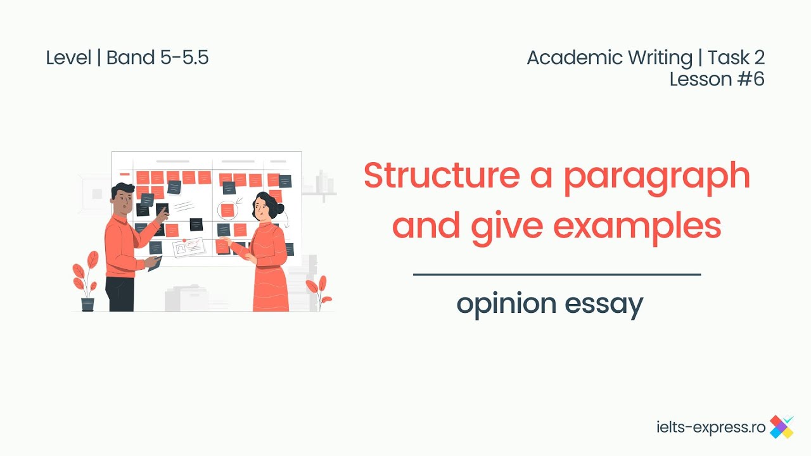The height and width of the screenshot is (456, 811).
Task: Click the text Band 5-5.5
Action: (x=157, y=58)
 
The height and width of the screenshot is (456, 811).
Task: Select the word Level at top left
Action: (x=68, y=58)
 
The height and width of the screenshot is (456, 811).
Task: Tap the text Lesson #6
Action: (x=717, y=79)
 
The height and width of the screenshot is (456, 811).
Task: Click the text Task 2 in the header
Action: (x=736, y=58)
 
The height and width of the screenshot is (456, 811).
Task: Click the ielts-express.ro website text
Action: (x=711, y=427)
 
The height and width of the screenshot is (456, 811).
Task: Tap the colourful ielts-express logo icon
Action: (x=781, y=427)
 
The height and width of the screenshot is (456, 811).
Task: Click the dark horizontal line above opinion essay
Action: (x=556, y=275)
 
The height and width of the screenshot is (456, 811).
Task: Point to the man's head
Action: (x=123, y=198)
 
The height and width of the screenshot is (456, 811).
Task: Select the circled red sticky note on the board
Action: (x=226, y=210)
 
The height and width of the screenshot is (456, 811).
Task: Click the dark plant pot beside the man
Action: (x=87, y=304)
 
